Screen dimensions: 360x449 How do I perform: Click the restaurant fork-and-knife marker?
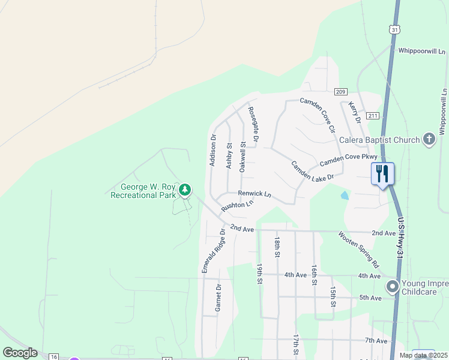[382, 174]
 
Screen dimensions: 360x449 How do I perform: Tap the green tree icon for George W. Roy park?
[185, 190]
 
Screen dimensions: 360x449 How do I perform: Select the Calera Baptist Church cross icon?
[429, 140]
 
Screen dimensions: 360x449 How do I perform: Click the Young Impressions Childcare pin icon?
[393, 287]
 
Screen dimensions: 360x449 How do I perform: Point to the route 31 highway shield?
[394, 29]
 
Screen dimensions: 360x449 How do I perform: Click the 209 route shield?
[340, 92]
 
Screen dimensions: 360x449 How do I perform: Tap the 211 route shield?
[373, 115]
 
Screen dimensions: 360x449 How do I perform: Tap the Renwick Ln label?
[255, 194]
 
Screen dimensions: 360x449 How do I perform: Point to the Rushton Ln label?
[238, 205]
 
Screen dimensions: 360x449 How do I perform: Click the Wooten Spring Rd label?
[359, 249]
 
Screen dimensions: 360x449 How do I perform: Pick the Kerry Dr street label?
[355, 112]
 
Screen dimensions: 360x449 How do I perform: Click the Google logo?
[20, 353]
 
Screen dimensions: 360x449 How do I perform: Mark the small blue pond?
[344, 195]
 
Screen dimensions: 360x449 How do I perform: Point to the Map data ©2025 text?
[423, 355]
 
